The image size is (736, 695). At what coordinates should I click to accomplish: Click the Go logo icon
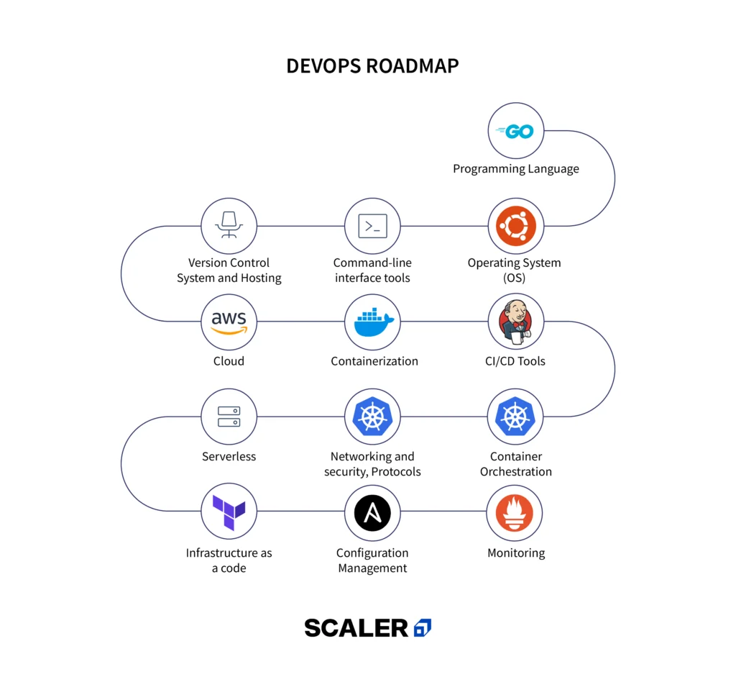[515, 132]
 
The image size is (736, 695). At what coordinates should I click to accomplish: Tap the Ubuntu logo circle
[515, 226]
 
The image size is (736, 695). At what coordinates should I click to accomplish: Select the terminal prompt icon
[372, 226]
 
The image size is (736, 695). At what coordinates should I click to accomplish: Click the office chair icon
[229, 226]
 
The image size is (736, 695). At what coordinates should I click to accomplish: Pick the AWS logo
[229, 322]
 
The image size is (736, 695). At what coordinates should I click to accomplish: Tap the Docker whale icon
[372, 322]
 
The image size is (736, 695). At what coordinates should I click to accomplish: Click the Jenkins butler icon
[515, 322]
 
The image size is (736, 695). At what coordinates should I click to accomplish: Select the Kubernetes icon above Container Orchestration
[515, 417]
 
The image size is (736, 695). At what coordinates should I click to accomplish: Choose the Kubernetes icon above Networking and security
[372, 417]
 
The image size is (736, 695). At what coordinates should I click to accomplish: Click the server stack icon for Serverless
[229, 417]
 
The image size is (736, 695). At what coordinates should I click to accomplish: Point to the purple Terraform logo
[229, 512]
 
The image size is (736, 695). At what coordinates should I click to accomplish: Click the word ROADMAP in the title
[412, 66]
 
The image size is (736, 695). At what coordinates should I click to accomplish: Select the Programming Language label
[515, 169]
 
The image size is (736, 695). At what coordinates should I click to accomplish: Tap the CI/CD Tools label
[515, 361]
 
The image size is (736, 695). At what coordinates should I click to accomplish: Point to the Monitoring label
[515, 553]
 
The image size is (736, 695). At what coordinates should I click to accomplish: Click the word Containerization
[374, 361]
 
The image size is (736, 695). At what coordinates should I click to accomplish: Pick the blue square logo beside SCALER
[423, 628]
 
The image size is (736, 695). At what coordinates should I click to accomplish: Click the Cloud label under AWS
[229, 361]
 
